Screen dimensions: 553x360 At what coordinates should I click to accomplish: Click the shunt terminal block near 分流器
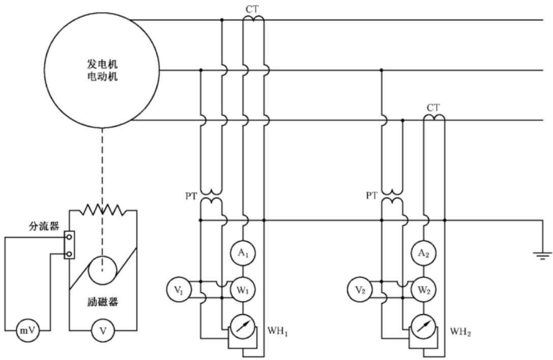tap(69, 245)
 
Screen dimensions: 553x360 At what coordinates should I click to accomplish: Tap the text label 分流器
tap(44, 226)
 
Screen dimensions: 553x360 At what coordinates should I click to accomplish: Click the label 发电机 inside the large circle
tap(102, 64)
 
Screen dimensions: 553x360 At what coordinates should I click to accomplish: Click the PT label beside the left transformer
tap(191, 196)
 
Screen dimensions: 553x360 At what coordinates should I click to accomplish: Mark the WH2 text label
tap(460, 332)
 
